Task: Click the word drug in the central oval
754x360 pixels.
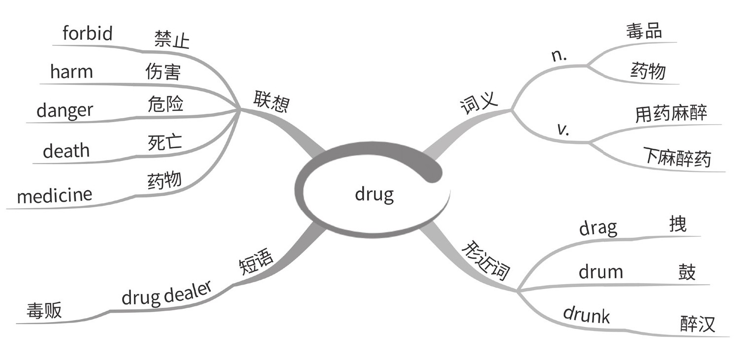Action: coord(374,195)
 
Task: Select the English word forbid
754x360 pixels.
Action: coord(88,33)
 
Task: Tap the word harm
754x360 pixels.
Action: coord(71,72)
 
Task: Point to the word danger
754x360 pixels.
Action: coord(64,110)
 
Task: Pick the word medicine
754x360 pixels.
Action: coord(54,196)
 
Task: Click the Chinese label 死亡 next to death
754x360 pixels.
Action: coord(165,143)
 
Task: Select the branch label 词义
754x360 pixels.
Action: coord(478,102)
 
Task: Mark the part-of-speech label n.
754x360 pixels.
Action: coord(559,56)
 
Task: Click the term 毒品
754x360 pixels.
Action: coord(644,32)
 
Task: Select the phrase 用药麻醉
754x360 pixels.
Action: coord(671,114)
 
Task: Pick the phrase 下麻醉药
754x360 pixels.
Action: coord(677,157)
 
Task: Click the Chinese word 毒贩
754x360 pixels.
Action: coord(44,311)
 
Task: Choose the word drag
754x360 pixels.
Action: coord(597,228)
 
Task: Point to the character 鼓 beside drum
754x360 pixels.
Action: coord(687,272)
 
